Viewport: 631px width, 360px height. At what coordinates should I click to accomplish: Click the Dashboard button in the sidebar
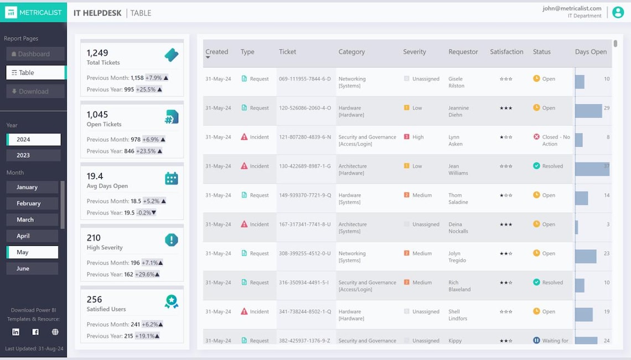(35, 54)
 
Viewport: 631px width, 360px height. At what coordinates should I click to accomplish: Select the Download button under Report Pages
(35, 91)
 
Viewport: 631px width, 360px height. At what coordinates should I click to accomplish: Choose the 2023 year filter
(33, 156)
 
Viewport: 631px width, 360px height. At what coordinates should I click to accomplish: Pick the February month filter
(32, 203)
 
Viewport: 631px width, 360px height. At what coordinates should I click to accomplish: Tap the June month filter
(32, 269)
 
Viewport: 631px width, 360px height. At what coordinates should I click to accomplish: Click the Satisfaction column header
(506, 52)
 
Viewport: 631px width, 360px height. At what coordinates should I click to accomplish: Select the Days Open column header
(591, 52)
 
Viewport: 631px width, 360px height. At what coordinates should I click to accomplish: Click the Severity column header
(415, 52)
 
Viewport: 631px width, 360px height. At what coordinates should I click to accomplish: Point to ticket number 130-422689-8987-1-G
(305, 166)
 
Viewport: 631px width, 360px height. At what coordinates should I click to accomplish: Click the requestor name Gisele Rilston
(457, 83)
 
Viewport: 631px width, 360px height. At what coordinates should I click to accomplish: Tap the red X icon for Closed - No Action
(536, 137)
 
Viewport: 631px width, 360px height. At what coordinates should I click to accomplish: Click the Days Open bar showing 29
(588, 111)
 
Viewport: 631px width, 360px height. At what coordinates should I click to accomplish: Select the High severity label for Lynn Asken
(418, 137)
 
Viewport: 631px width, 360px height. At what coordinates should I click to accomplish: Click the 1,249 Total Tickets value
(97, 53)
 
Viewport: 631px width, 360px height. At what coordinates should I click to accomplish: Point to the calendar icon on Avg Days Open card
(172, 178)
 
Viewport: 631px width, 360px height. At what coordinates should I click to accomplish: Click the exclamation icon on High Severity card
(172, 240)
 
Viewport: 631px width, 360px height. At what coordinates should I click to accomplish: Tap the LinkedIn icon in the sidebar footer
(15, 332)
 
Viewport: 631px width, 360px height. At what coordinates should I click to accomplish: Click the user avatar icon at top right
(618, 12)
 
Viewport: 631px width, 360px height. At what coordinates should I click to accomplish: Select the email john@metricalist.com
(572, 8)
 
